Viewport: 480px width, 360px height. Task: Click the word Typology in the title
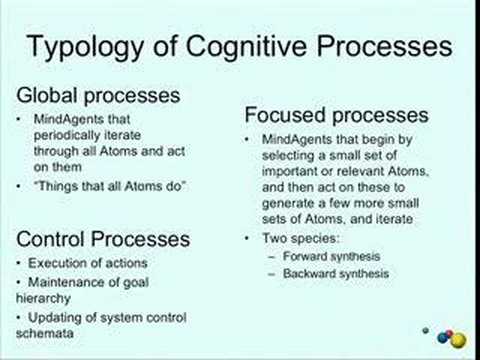(85, 48)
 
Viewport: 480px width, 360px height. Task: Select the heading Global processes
(98, 96)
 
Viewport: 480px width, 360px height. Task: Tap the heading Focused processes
(336, 115)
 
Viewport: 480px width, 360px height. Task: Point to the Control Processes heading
(103, 239)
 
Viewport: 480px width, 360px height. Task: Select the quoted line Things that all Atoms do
(110, 186)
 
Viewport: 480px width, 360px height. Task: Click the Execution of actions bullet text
(88, 263)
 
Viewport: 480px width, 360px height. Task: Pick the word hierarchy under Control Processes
(43, 298)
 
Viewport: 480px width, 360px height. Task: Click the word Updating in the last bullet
(54, 318)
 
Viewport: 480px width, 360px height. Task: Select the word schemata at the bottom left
(45, 333)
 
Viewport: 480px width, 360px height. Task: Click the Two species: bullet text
(301, 239)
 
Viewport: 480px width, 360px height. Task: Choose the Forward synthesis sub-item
(331, 256)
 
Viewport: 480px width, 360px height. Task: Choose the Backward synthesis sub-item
(336, 274)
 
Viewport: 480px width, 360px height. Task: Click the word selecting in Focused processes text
(289, 156)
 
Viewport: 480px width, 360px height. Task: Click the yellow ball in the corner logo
(458, 340)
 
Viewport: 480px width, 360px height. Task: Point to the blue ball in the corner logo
(443, 338)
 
